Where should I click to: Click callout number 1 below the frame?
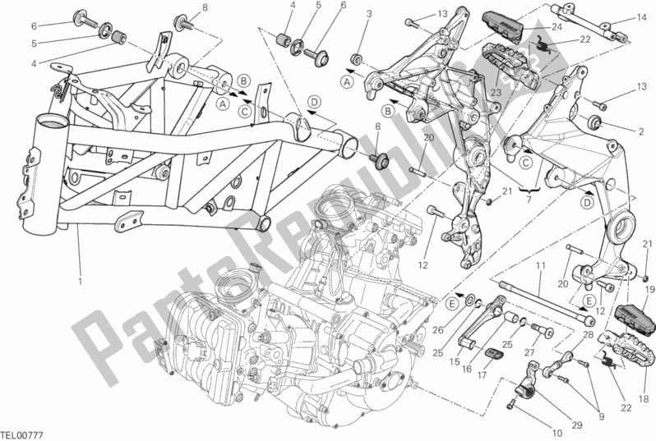pyautogui.click(x=81, y=283)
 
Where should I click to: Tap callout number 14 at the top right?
pyautogui.click(x=641, y=17)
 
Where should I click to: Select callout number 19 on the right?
pyautogui.click(x=649, y=290)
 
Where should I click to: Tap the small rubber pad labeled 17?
pyautogui.click(x=495, y=353)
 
